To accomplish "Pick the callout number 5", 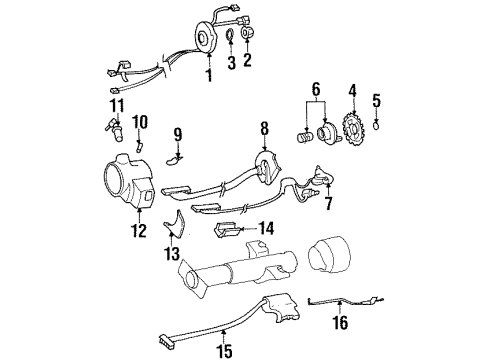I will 376,99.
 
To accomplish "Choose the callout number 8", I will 264,128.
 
